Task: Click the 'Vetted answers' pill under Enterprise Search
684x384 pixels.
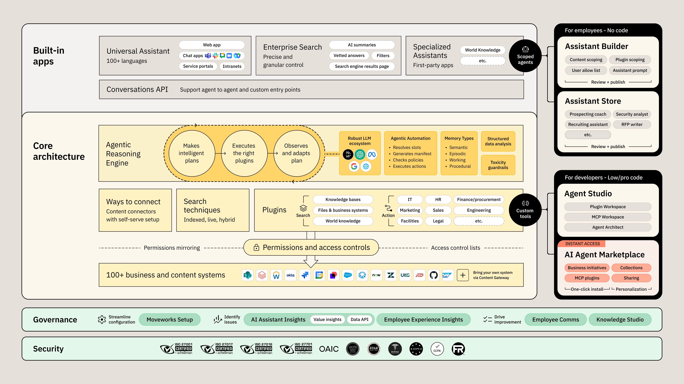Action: coord(349,55)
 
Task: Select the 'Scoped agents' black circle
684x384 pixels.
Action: coord(525,56)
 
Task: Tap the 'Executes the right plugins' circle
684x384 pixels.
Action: coord(244,153)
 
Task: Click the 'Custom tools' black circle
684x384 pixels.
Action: coord(525,210)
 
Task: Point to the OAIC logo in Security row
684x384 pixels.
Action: coord(329,349)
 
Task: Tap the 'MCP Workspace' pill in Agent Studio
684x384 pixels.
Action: coord(607,217)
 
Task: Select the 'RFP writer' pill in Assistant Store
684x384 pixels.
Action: coord(632,124)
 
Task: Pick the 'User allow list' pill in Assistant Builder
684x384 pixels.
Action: coord(586,70)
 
